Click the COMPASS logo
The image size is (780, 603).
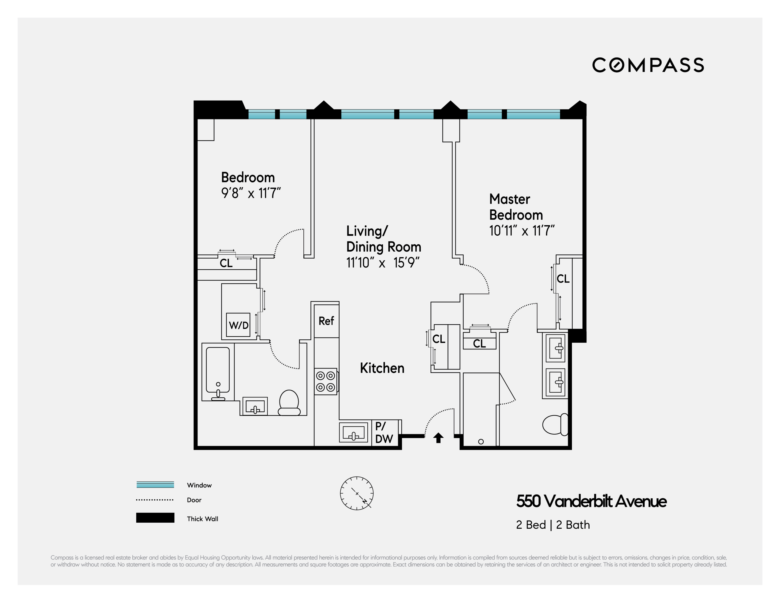point(648,65)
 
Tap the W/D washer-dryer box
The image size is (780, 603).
point(238,325)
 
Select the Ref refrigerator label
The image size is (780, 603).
point(326,321)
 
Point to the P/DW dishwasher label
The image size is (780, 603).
point(384,433)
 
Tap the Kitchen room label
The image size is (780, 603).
point(382,368)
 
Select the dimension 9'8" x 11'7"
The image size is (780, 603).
point(251,193)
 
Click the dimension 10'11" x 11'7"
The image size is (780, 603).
point(521,231)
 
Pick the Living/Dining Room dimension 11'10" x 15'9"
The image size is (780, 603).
point(382,263)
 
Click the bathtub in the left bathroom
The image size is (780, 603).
point(218,371)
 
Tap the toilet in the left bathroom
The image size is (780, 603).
point(289,403)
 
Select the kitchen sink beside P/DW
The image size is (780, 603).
point(353,432)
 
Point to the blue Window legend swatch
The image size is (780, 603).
point(155,484)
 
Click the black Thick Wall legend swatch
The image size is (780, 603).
point(155,518)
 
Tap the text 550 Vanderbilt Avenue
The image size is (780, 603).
point(591,501)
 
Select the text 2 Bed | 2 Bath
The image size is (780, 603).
point(552,525)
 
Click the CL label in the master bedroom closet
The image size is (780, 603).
point(563,279)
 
